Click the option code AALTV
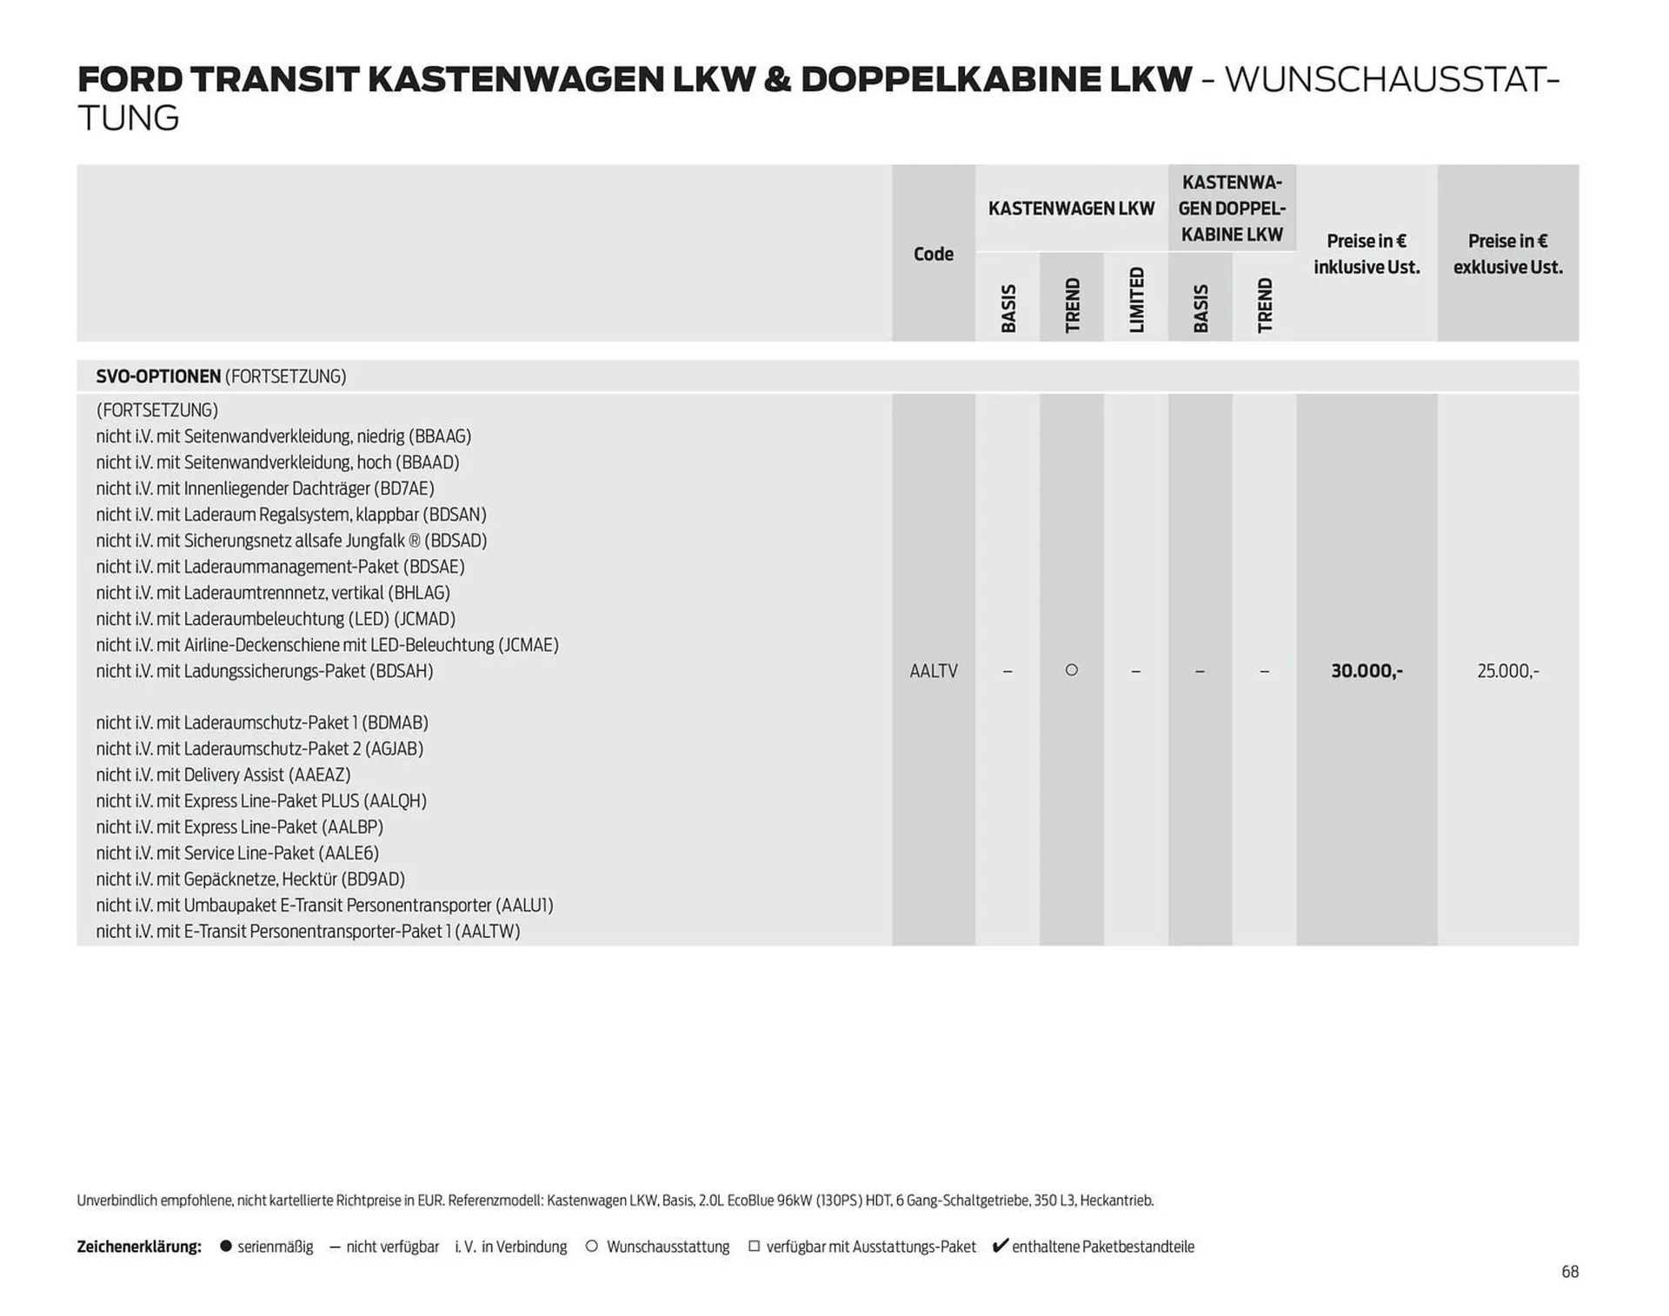pos(933,671)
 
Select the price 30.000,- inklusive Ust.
pos(1366,671)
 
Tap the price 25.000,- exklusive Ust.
pos(1507,671)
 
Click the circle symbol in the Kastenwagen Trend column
pos(1072,670)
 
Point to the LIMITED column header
pos(1136,299)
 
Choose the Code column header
pos(933,254)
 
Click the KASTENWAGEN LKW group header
pos(1071,209)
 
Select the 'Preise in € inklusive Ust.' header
pos(1366,254)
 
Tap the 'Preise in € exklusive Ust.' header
pos(1507,254)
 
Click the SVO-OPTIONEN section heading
pos(158,376)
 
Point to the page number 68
pos(1569,1272)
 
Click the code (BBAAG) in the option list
pos(439,436)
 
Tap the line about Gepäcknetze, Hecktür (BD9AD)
pos(250,879)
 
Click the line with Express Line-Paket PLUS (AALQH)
pos(261,801)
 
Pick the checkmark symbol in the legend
pos(1000,1246)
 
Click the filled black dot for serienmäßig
pos(226,1246)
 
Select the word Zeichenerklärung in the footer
pos(139,1246)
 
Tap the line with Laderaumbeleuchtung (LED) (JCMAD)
pos(276,619)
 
